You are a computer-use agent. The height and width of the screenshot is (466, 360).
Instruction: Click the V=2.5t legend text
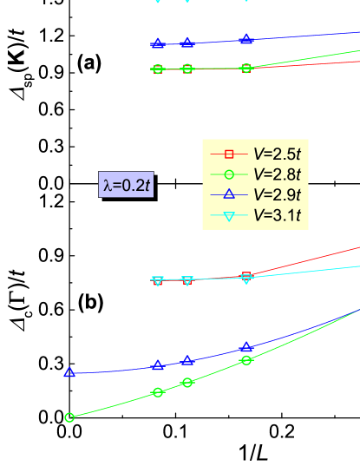point(277,154)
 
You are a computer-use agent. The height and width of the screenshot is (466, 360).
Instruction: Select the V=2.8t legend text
point(277,174)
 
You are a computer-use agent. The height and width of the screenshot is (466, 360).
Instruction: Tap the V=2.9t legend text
point(277,194)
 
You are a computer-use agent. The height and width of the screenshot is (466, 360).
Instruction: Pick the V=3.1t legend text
point(277,215)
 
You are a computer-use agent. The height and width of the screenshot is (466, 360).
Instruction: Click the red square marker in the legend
point(230,154)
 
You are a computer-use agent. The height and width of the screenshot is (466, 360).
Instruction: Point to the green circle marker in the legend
point(230,174)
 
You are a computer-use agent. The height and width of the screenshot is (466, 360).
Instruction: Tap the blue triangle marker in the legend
point(230,194)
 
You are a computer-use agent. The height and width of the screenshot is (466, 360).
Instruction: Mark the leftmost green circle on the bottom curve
point(69,417)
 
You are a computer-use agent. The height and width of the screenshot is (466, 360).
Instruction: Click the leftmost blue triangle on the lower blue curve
point(69,372)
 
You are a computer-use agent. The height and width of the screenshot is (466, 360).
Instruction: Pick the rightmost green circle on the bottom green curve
point(246,360)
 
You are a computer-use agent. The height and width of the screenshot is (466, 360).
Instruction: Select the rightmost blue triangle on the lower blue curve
point(246,347)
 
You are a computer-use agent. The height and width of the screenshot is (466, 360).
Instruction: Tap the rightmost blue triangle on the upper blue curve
point(246,39)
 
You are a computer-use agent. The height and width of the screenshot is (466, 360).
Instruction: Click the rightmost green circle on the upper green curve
point(246,68)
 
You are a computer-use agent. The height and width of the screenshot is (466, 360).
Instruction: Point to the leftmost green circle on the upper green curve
point(158,69)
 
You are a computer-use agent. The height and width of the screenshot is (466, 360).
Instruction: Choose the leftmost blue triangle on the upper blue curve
point(158,43)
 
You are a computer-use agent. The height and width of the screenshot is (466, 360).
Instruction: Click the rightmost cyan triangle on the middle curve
point(246,279)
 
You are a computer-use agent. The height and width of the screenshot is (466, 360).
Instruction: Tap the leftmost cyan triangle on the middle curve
point(158,281)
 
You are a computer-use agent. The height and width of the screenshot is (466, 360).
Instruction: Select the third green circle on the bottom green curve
point(187,383)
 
